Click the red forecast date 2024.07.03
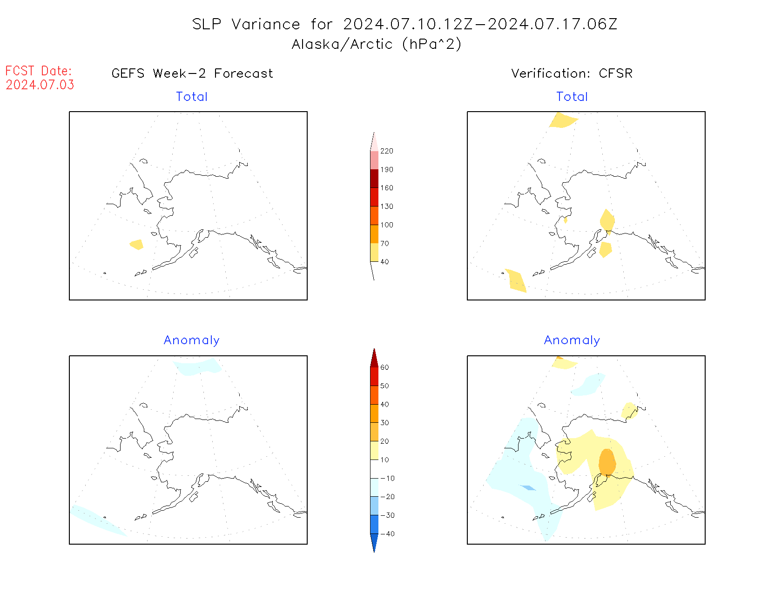(40, 85)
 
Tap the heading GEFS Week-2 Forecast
(192, 73)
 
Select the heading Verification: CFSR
(572, 73)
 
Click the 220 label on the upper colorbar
(386, 151)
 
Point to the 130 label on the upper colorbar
(386, 207)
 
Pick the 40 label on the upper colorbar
(384, 262)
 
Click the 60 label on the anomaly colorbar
(384, 367)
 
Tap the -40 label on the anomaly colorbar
(387, 534)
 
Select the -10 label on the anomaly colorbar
(387, 478)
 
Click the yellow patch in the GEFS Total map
(136, 244)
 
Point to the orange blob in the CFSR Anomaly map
(607, 462)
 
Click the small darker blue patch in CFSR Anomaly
(528, 487)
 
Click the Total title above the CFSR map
(572, 97)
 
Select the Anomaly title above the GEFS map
(191, 340)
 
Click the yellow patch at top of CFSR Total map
(563, 120)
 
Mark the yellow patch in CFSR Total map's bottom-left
(516, 280)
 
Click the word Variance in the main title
(266, 24)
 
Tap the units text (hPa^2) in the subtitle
(432, 44)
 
